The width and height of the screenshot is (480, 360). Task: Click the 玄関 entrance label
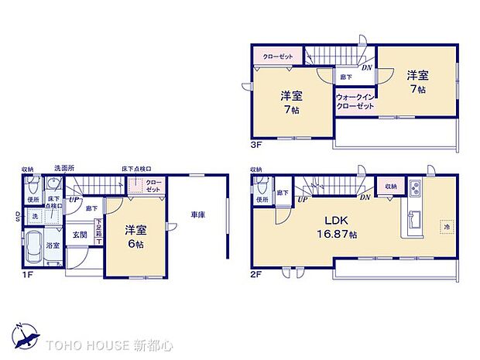81,235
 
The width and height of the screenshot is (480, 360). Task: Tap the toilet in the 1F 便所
33,187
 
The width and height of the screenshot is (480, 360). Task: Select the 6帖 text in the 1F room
135,243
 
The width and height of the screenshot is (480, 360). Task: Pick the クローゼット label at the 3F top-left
276,57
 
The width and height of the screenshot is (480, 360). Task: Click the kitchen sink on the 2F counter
413,218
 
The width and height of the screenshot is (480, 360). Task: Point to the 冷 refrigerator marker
447,226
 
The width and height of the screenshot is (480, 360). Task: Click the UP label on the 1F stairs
74,199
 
